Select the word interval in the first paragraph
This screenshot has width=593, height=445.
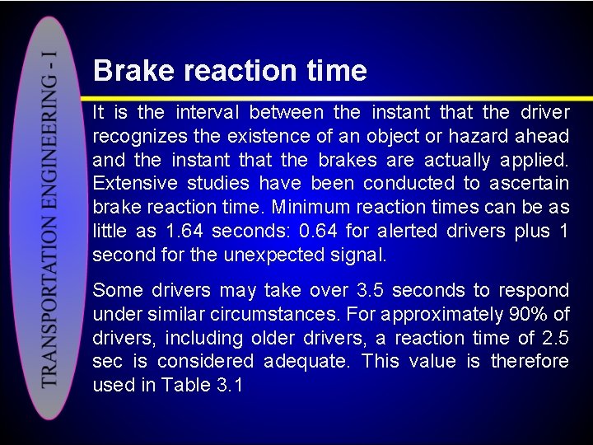tap(204, 112)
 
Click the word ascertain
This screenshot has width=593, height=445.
tap(527, 184)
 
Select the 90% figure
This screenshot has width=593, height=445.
tap(522, 315)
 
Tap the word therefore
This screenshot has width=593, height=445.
tap(530, 363)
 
